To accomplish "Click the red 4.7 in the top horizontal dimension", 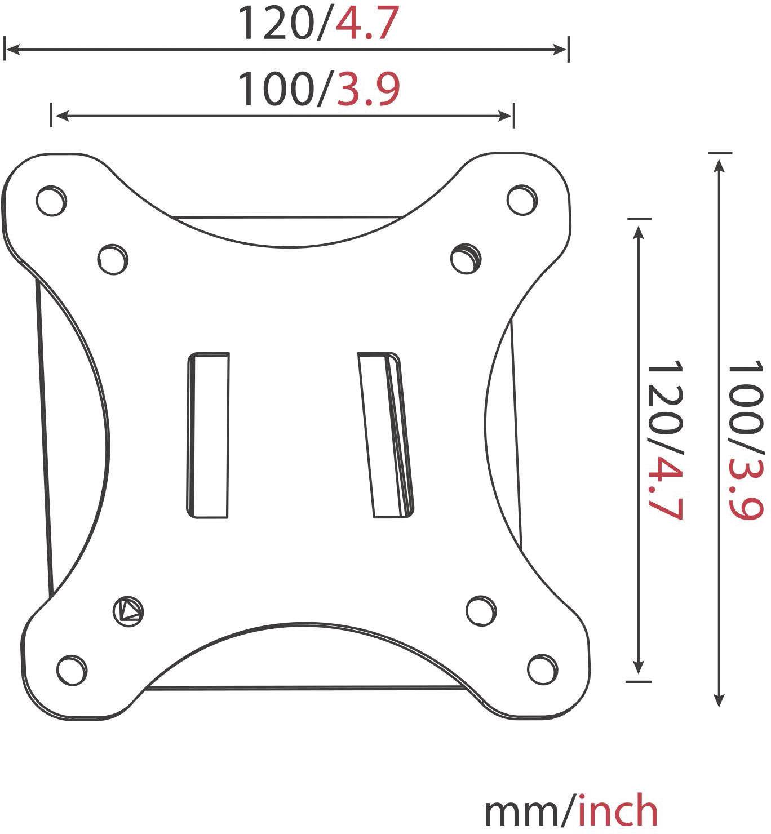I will tap(367, 24).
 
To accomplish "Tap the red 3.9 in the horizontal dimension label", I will tap(368, 89).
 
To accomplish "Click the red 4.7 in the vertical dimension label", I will tap(665, 490).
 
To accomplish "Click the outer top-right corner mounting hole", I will tap(522, 199).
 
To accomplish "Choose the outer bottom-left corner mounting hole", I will tap(72, 669).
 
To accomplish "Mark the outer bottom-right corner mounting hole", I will tap(542, 669).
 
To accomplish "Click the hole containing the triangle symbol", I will tap(128, 610).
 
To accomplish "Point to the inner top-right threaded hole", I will tap(466, 259).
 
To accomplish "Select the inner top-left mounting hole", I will tap(112, 259).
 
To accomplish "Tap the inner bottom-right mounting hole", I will tap(482, 610).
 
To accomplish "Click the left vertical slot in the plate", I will tap(208, 435).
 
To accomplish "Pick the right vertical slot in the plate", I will tap(385, 435).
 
